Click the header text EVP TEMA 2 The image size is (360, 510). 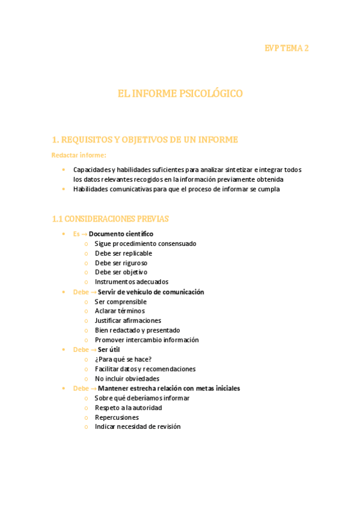pyautogui.click(x=287, y=48)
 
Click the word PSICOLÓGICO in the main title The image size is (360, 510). pyautogui.click(x=208, y=93)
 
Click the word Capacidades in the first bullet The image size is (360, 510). pyautogui.click(x=91, y=170)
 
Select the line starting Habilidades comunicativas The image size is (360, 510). pyautogui.click(x=177, y=189)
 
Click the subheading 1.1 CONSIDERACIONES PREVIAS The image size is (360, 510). pyautogui.click(x=111, y=219)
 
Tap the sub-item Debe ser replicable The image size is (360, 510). pyautogui.click(x=123, y=253)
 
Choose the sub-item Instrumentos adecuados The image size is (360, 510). pyautogui.click(x=131, y=281)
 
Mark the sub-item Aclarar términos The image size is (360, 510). pyautogui.click(x=120, y=311)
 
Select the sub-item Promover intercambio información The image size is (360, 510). pyautogui.click(x=146, y=340)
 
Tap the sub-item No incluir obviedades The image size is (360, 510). pyautogui.click(x=127, y=378)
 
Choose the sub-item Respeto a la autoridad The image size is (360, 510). pyautogui.click(x=128, y=408)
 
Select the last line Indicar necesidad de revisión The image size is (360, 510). pyautogui.click(x=137, y=427)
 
